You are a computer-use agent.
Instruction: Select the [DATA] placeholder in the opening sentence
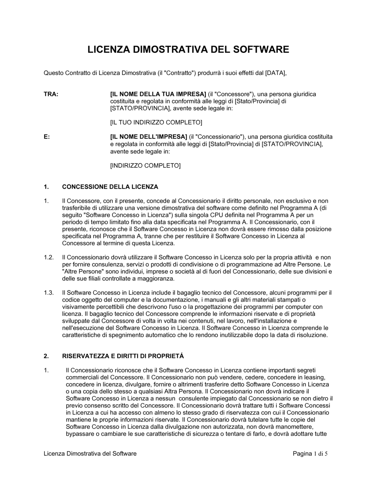276,73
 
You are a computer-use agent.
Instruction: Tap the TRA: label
51,94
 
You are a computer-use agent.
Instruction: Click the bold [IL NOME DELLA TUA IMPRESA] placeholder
158,94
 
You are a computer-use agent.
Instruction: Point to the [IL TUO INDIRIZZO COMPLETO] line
156,122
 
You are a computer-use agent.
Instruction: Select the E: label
47,137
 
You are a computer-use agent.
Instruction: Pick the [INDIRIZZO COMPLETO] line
145,165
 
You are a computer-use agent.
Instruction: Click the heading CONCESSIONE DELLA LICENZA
110,187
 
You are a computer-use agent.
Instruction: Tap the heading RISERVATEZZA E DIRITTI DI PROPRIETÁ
123,356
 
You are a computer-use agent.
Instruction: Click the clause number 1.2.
49,257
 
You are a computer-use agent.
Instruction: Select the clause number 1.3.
49,292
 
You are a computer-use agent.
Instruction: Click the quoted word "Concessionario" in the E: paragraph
219,137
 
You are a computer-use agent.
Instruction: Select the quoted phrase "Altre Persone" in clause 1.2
80,272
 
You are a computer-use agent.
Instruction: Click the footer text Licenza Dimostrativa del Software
90,454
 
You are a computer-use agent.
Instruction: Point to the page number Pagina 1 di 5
310,454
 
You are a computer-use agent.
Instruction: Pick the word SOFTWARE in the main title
260,50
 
